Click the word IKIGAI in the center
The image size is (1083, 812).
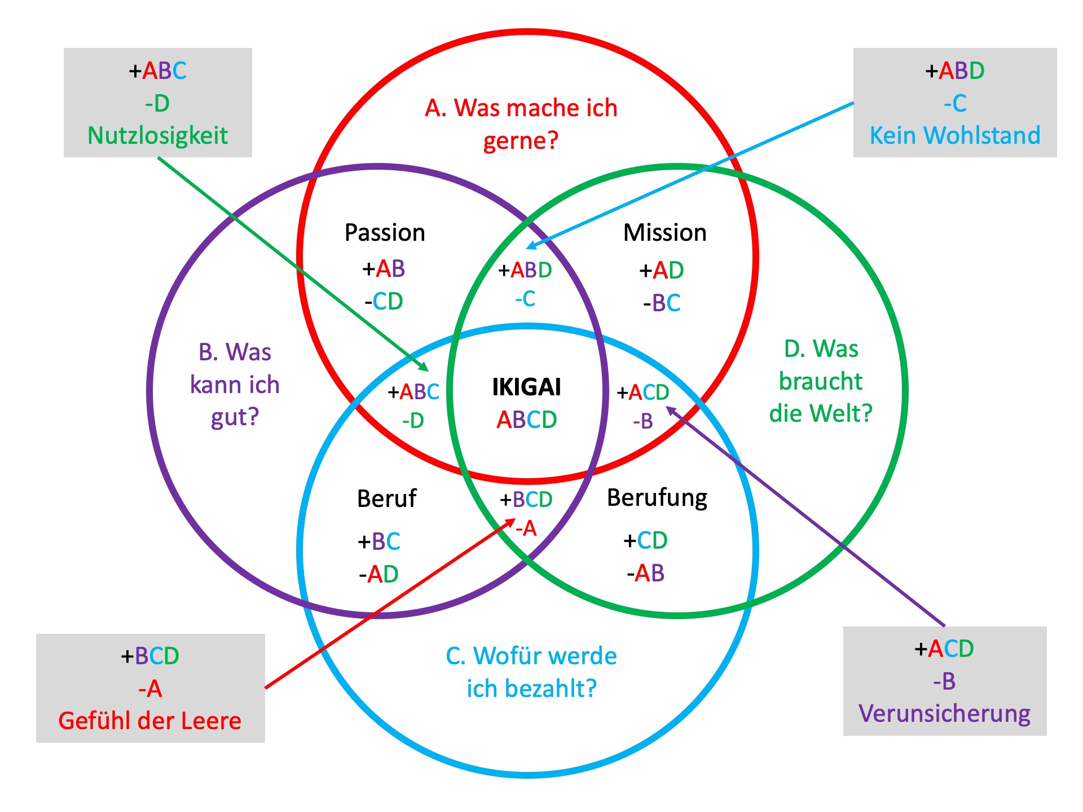pyautogui.click(x=526, y=387)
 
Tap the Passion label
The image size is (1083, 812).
pyautogui.click(x=385, y=233)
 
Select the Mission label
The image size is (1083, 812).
pyautogui.click(x=664, y=233)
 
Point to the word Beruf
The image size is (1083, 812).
pyautogui.click(x=386, y=499)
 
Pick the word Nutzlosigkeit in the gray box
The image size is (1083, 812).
pyautogui.click(x=157, y=135)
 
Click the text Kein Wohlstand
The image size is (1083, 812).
pyautogui.click(x=954, y=135)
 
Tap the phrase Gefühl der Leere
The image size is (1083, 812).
pyautogui.click(x=149, y=721)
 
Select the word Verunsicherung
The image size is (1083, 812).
pyautogui.click(x=944, y=713)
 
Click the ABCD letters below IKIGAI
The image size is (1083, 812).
pyautogui.click(x=526, y=420)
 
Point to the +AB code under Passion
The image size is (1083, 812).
pyautogui.click(x=384, y=269)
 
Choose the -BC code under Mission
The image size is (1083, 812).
pyautogui.click(x=662, y=303)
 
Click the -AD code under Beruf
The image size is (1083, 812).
pyautogui.click(x=378, y=575)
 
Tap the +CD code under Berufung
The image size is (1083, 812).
pyautogui.click(x=645, y=541)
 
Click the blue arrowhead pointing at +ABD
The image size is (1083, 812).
pyautogui.click(x=531, y=246)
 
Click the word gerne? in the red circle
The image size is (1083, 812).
pyautogui.click(x=521, y=140)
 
